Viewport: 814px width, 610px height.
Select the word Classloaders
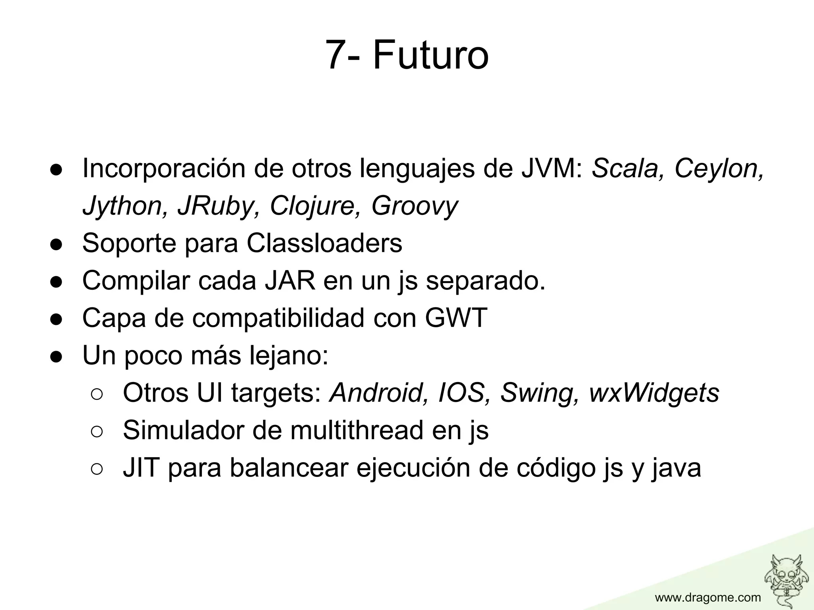pos(324,243)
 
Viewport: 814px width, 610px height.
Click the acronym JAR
pos(290,280)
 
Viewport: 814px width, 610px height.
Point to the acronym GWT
pos(456,318)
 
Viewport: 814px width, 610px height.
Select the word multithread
pos(357,430)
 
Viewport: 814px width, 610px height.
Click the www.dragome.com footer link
pos(708,597)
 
